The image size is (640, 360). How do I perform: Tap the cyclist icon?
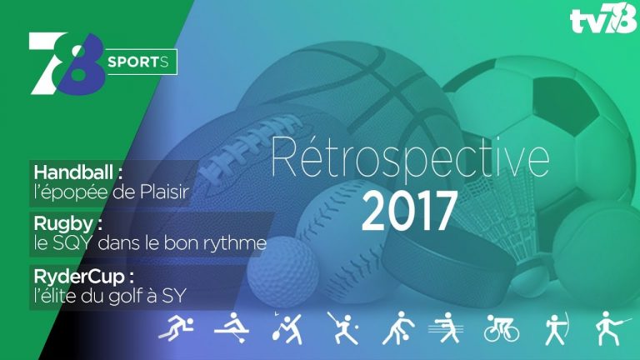pyautogui.click(x=502, y=329)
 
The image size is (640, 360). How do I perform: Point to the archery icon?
pyautogui.click(x=552, y=329)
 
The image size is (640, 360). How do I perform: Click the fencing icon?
pyautogui.click(x=603, y=329)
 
